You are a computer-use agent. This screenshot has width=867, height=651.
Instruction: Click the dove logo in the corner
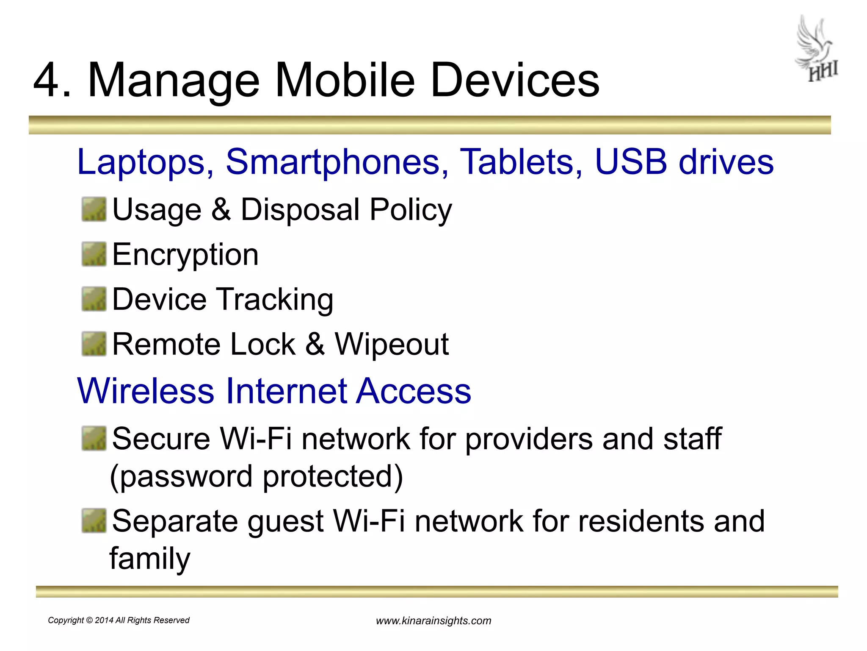coord(817,49)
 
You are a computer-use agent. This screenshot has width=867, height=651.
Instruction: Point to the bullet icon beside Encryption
coord(94,254)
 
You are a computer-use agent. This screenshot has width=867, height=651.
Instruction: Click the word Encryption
coord(185,255)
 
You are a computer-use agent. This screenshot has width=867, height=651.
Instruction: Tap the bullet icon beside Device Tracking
coord(94,299)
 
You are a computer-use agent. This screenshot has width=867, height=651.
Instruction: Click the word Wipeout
coord(392,344)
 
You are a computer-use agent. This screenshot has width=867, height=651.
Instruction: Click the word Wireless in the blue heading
coord(146,391)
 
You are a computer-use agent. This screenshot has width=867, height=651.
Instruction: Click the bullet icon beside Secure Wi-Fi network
coord(94,439)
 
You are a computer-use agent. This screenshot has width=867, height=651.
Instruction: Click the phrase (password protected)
coord(256,477)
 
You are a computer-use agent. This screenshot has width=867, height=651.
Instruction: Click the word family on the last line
coord(150,559)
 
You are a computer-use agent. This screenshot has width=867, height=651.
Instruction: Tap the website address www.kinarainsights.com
coord(433,621)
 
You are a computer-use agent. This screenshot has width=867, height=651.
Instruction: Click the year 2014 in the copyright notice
coord(104,620)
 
